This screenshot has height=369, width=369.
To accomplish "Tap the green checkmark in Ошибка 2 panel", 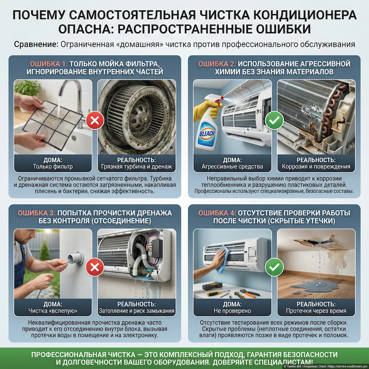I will click(x=274, y=120).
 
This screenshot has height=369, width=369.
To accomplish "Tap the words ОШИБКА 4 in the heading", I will click(x=216, y=213).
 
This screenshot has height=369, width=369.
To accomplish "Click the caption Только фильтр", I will click(x=53, y=167).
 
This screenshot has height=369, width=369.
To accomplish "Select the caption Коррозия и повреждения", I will click(x=316, y=167).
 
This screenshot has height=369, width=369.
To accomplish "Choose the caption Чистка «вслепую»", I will click(x=53, y=311).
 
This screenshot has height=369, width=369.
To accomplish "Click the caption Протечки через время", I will click(x=316, y=311).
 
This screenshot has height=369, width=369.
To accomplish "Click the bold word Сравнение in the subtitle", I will click(x=36, y=45).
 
